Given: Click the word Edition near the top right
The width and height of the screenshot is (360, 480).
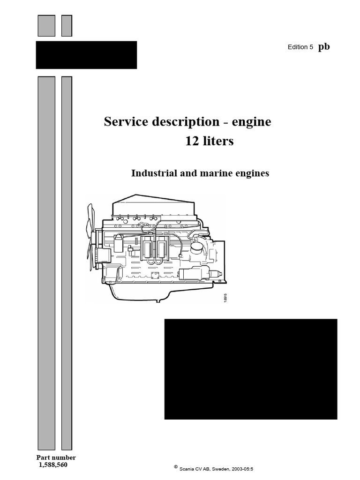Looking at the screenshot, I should click(297, 47).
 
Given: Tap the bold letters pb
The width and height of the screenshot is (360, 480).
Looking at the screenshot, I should click(324, 46).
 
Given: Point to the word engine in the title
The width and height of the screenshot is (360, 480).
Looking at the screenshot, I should click(252, 122).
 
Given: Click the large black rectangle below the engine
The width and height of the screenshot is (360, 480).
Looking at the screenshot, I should click(251, 369).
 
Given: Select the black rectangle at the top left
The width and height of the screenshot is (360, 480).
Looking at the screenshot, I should click(86, 55).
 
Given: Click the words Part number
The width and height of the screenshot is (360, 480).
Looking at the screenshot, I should click(56, 457).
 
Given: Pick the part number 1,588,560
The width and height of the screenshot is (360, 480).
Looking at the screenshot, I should click(56, 465).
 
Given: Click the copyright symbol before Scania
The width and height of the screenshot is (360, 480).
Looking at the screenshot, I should click(175, 466).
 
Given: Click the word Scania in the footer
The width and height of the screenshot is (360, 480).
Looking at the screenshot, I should click(187, 468).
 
